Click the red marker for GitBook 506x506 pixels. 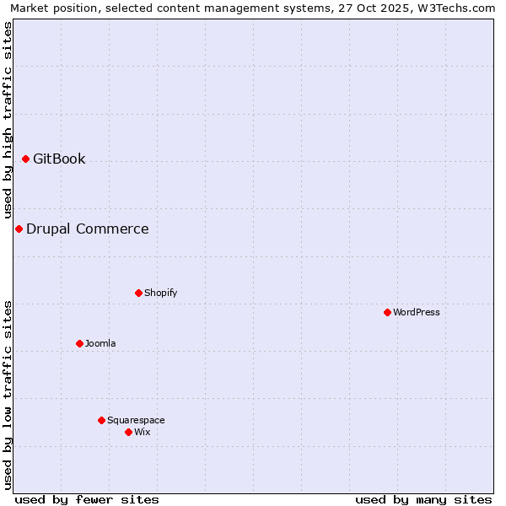[x=25, y=159]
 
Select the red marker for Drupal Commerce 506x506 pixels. [x=19, y=229]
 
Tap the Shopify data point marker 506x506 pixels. [x=138, y=293]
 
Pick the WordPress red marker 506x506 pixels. [x=387, y=312]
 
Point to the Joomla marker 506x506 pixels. [x=79, y=343]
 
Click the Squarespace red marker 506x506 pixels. [x=101, y=420]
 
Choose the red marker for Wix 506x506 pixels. [x=128, y=432]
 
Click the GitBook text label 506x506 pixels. [x=59, y=159]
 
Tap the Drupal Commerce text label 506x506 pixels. [x=88, y=229]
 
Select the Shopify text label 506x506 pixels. [x=160, y=293]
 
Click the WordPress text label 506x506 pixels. [x=417, y=312]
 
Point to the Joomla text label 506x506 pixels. [x=100, y=343]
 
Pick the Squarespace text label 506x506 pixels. [x=136, y=420]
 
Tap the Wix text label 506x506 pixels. [x=142, y=432]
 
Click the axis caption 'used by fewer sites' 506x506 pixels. [x=87, y=499]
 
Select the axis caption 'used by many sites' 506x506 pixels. [x=423, y=499]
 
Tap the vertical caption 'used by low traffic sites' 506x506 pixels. [x=8, y=394]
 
